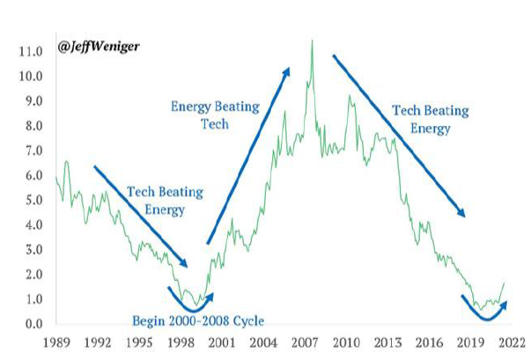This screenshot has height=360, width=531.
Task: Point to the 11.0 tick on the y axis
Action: [30, 52]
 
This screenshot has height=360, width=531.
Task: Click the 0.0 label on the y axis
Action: [33, 325]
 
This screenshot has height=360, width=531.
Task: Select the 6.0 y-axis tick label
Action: [33, 176]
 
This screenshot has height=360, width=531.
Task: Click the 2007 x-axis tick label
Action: [306, 343]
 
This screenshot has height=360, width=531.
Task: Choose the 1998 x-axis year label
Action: [180, 343]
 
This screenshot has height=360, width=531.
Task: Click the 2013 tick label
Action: [388, 343]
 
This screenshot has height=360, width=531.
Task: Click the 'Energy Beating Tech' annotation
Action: [214, 115]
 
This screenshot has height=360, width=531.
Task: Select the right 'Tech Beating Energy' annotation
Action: [420, 120]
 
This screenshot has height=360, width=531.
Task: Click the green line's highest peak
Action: [311, 41]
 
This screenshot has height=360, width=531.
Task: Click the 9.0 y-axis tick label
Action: [33, 101]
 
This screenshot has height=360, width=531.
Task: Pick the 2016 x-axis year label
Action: [431, 343]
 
